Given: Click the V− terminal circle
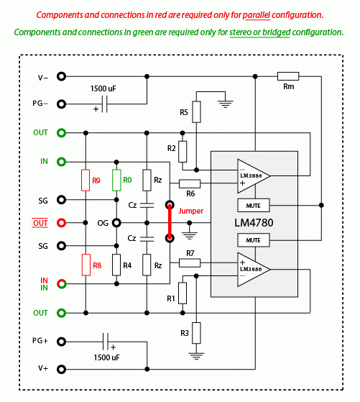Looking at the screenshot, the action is click(x=61, y=76).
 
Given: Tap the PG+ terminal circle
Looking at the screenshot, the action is click(x=61, y=342).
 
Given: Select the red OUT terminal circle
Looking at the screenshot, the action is click(x=61, y=223).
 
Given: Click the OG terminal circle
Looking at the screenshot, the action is click(x=116, y=223).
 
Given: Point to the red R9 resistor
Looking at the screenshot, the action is click(x=86, y=180).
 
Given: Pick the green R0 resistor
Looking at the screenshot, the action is click(x=116, y=180).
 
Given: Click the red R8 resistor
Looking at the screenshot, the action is click(x=86, y=265).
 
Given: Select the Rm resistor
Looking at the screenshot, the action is click(x=288, y=76).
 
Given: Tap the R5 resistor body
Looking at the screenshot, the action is click(x=196, y=111).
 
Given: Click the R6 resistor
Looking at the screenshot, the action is click(x=190, y=183).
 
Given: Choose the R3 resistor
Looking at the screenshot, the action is click(x=196, y=333).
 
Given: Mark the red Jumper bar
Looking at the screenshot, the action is click(x=170, y=221).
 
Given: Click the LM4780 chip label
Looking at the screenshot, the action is click(x=254, y=223).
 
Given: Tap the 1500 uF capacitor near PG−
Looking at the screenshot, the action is click(x=104, y=104).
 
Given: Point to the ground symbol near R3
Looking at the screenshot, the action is click(x=196, y=356).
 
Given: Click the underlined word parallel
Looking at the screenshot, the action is click(x=257, y=15).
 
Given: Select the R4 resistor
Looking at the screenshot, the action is click(x=116, y=265).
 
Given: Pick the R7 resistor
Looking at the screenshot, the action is click(x=190, y=262).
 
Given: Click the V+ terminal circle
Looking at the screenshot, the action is click(x=61, y=369).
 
